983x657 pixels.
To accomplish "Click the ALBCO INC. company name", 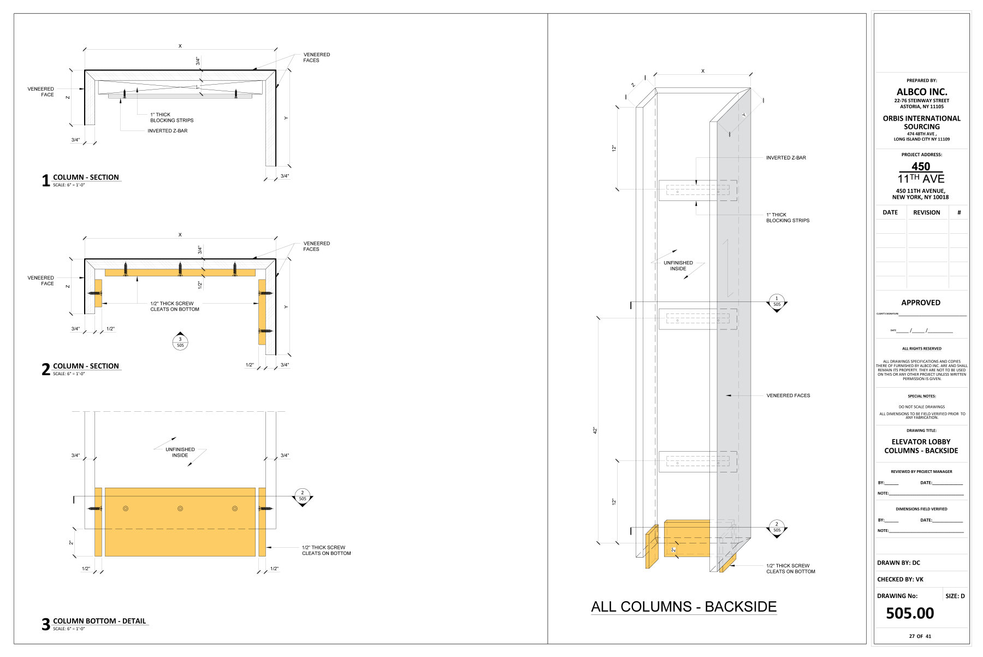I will click(x=921, y=92).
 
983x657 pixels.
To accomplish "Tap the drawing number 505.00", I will click(x=909, y=613).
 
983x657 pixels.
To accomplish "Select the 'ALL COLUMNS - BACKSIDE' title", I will click(x=684, y=607).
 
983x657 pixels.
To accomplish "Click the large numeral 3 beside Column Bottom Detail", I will click(x=46, y=624).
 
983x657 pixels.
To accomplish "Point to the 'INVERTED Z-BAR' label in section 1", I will click(x=167, y=131).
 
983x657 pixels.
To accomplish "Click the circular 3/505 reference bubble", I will click(x=180, y=342).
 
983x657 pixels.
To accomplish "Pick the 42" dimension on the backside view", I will click(x=596, y=430).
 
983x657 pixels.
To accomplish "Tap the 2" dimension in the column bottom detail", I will click(x=71, y=543).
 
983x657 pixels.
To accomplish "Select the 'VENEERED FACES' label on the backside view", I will click(x=788, y=395).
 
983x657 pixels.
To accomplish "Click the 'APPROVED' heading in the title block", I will click(x=920, y=303).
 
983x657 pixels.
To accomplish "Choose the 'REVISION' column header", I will click(x=926, y=212).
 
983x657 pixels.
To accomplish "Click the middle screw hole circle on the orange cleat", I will click(x=180, y=508).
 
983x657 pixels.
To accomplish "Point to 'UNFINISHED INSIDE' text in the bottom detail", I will click(x=180, y=452).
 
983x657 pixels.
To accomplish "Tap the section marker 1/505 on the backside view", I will click(x=777, y=301).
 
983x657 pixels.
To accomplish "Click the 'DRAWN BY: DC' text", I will click(x=898, y=563).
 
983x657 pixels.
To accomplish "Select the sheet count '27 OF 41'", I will click(x=920, y=636).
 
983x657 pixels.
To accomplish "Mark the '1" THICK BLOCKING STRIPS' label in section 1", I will click(x=171, y=117).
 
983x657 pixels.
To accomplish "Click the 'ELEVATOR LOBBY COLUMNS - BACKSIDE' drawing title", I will click(x=921, y=446).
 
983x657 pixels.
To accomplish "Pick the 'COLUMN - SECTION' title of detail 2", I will click(x=86, y=366).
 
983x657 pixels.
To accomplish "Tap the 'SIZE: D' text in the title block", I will click(x=955, y=596).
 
